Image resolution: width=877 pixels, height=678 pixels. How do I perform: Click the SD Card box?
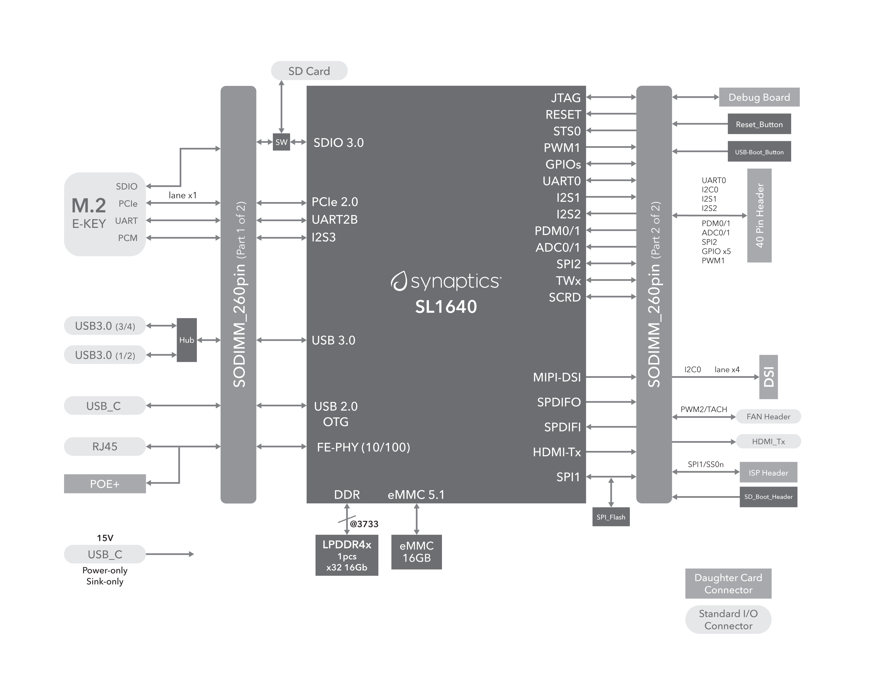click(x=309, y=71)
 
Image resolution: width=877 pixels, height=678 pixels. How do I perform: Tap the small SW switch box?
click(x=281, y=142)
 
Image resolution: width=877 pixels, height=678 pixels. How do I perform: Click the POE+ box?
click(x=105, y=484)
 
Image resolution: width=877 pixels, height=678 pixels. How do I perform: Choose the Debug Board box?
click(x=759, y=97)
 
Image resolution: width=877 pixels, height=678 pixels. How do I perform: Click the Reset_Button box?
click(x=759, y=124)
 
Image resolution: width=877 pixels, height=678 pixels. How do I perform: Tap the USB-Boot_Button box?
click(x=759, y=152)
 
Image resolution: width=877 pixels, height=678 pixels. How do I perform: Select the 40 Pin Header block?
click(x=759, y=215)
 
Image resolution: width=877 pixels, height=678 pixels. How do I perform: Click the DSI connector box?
click(x=768, y=377)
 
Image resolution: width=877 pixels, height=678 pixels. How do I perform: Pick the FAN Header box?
click(x=768, y=417)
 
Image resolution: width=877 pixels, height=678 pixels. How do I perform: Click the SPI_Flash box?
click(x=611, y=517)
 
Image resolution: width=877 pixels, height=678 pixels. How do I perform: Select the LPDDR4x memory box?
click(x=347, y=555)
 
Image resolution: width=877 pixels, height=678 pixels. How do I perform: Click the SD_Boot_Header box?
click(x=768, y=497)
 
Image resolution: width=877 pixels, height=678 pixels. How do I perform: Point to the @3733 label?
click(x=364, y=524)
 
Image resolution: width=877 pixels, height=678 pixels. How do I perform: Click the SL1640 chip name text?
click(x=446, y=307)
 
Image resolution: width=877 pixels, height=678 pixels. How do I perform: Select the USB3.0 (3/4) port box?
click(x=105, y=326)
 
